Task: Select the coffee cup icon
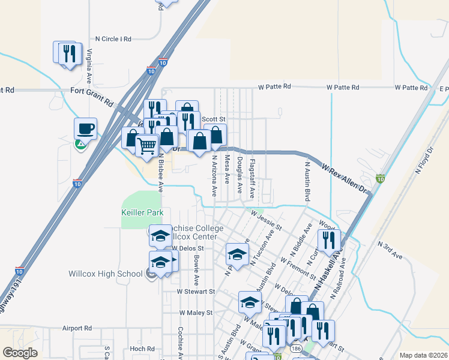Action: pyautogui.click(x=85, y=128)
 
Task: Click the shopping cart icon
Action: pyautogui.click(x=146, y=145)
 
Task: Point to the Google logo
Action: pyautogui.click(x=20, y=353)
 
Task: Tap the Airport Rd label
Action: pyautogui.click(x=77, y=328)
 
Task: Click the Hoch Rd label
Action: pyautogui.click(x=142, y=349)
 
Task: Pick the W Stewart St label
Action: pyautogui.click(x=196, y=292)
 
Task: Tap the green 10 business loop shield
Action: pyautogui.click(x=380, y=179)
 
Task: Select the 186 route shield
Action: pyautogui.click(x=295, y=347)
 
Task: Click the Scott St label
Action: pyautogui.click(x=213, y=119)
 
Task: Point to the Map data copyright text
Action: pyautogui.click(x=424, y=355)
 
